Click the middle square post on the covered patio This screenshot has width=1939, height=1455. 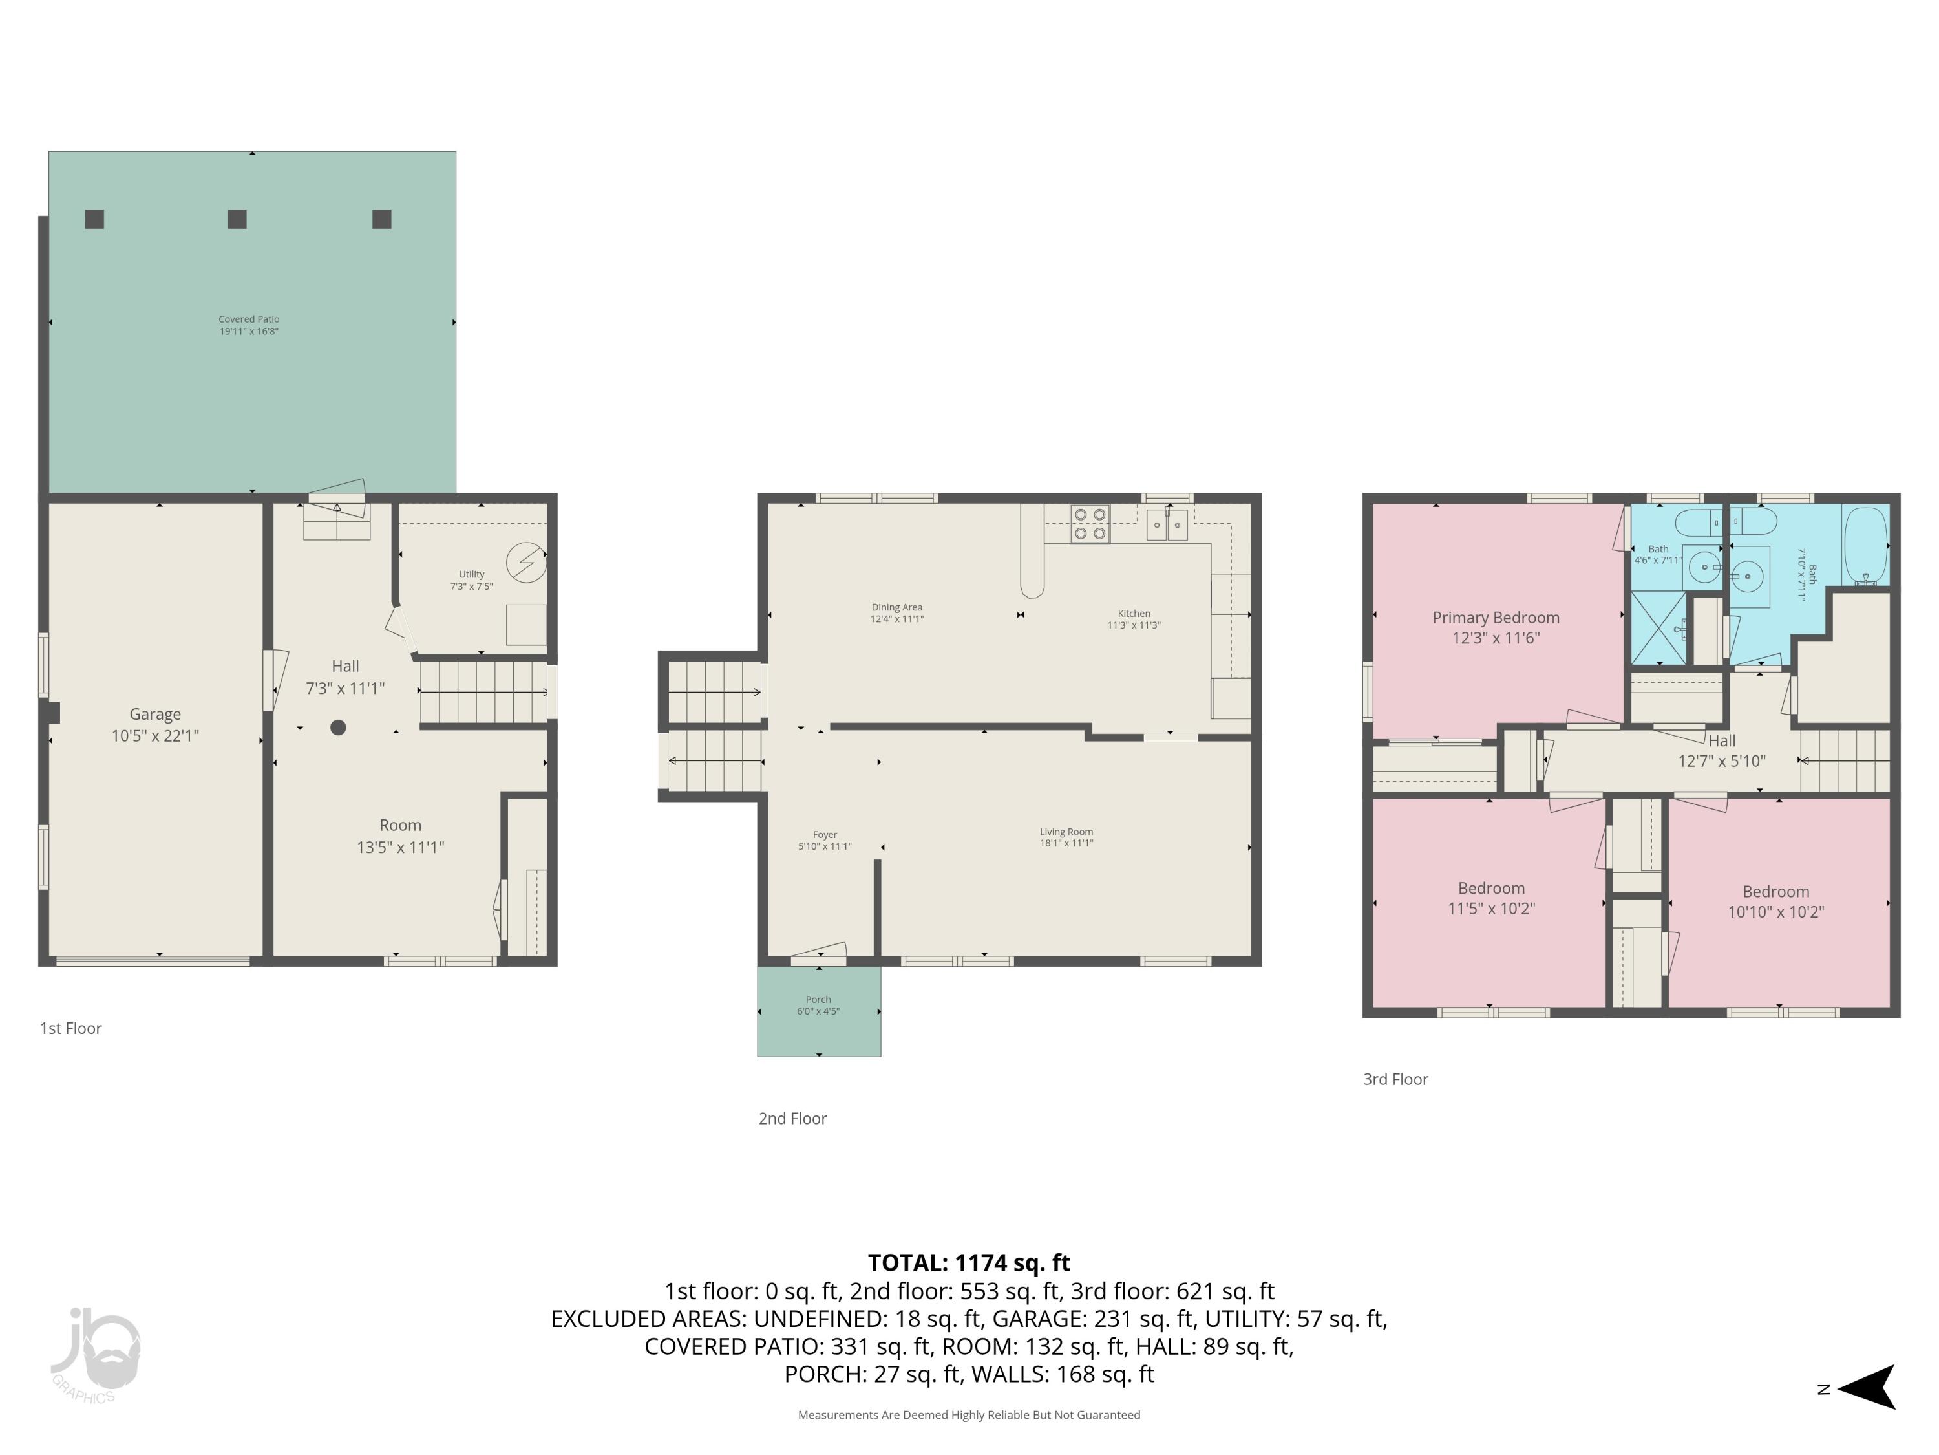237,219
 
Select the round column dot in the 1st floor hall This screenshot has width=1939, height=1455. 337,727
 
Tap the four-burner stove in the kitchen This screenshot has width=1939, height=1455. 1090,524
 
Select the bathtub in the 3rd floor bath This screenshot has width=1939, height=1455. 1865,546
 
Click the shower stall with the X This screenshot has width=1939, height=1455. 1658,628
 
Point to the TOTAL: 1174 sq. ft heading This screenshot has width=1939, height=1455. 969,1263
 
